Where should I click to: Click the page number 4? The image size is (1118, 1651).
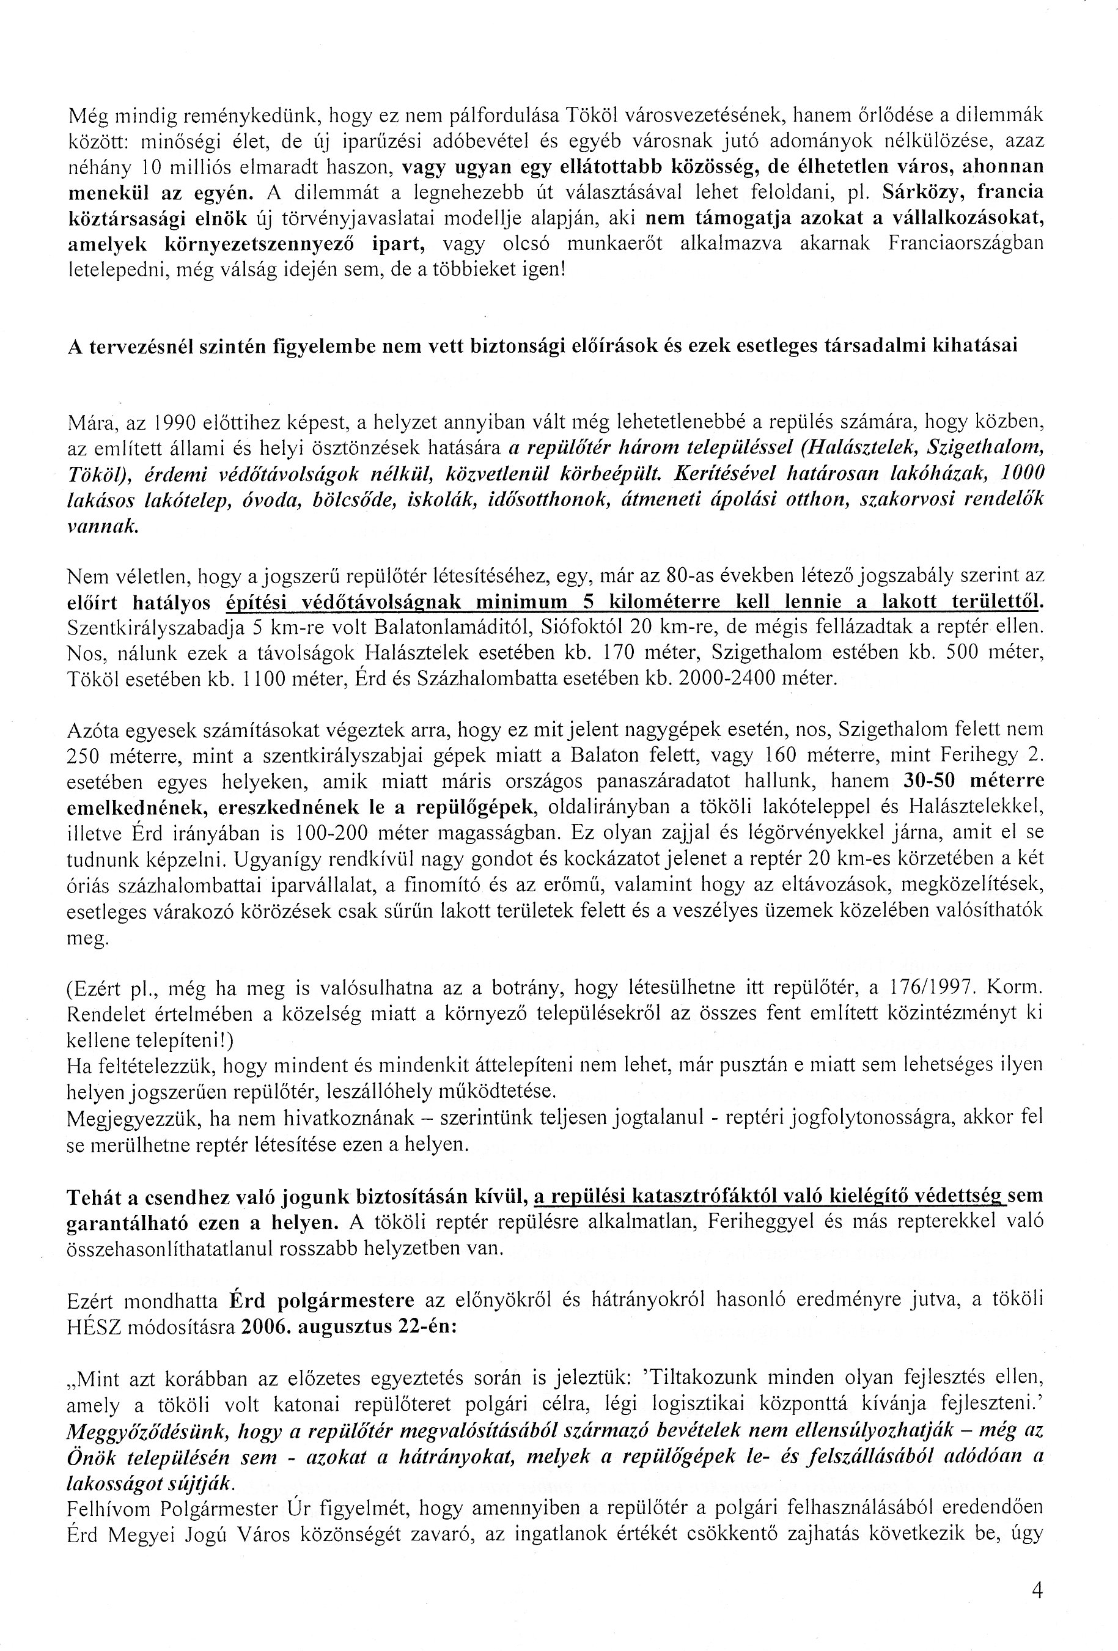click(x=1036, y=1589)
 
